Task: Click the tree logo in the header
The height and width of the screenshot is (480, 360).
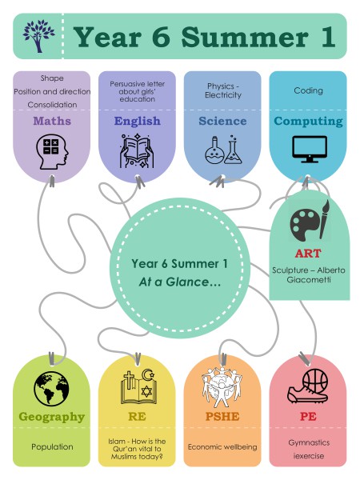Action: coord(38,36)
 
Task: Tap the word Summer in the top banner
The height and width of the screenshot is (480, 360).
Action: coord(245,37)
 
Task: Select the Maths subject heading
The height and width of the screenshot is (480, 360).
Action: coord(52,121)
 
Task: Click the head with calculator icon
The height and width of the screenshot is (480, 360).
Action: coord(52,151)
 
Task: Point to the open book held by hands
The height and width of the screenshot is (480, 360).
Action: coord(137,150)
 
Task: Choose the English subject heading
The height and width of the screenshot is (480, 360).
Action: coord(137,121)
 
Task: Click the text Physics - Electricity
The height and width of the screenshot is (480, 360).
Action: coord(223,90)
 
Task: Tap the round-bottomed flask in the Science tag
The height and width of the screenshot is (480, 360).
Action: coord(214,150)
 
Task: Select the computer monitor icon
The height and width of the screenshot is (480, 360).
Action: coord(309,149)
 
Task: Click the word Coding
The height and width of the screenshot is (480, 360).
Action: coord(308,90)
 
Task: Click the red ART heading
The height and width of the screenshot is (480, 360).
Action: coord(308,254)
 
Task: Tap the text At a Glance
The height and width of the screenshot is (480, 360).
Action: coord(180,282)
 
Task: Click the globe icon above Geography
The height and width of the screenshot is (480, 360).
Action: coord(51,389)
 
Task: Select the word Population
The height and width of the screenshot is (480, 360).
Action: coord(52,447)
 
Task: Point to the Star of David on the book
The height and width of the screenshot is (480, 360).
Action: coord(146,391)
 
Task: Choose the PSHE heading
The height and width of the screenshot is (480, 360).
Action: coord(222,417)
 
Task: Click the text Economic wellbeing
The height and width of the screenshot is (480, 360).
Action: coord(222,447)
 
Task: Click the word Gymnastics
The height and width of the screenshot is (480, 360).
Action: coord(309,442)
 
